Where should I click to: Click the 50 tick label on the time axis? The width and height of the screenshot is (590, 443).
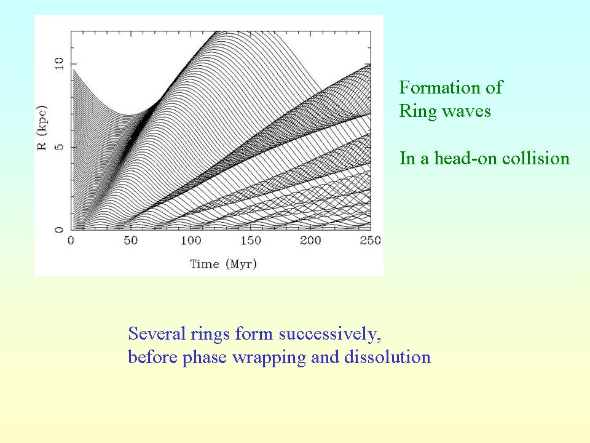pyautogui.click(x=130, y=241)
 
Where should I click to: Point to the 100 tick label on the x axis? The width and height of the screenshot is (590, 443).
pyautogui.click(x=191, y=241)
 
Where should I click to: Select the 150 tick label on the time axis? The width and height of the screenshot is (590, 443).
pyautogui.click(x=251, y=241)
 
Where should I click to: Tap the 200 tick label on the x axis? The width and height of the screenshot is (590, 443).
pyautogui.click(x=310, y=241)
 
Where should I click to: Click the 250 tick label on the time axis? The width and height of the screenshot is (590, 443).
pyautogui.click(x=370, y=241)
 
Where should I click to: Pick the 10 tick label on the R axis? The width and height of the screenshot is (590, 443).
pyautogui.click(x=60, y=63)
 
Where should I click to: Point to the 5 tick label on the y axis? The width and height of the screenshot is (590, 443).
pyautogui.click(x=60, y=146)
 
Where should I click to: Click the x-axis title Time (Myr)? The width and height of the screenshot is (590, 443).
pyautogui.click(x=223, y=264)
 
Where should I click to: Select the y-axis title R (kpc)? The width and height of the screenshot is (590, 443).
pyautogui.click(x=42, y=128)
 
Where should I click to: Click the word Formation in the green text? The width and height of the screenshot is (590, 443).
pyautogui.click(x=439, y=87)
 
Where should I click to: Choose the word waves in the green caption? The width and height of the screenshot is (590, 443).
pyautogui.click(x=466, y=112)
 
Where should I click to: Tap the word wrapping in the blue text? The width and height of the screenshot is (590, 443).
pyautogui.click(x=269, y=357)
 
